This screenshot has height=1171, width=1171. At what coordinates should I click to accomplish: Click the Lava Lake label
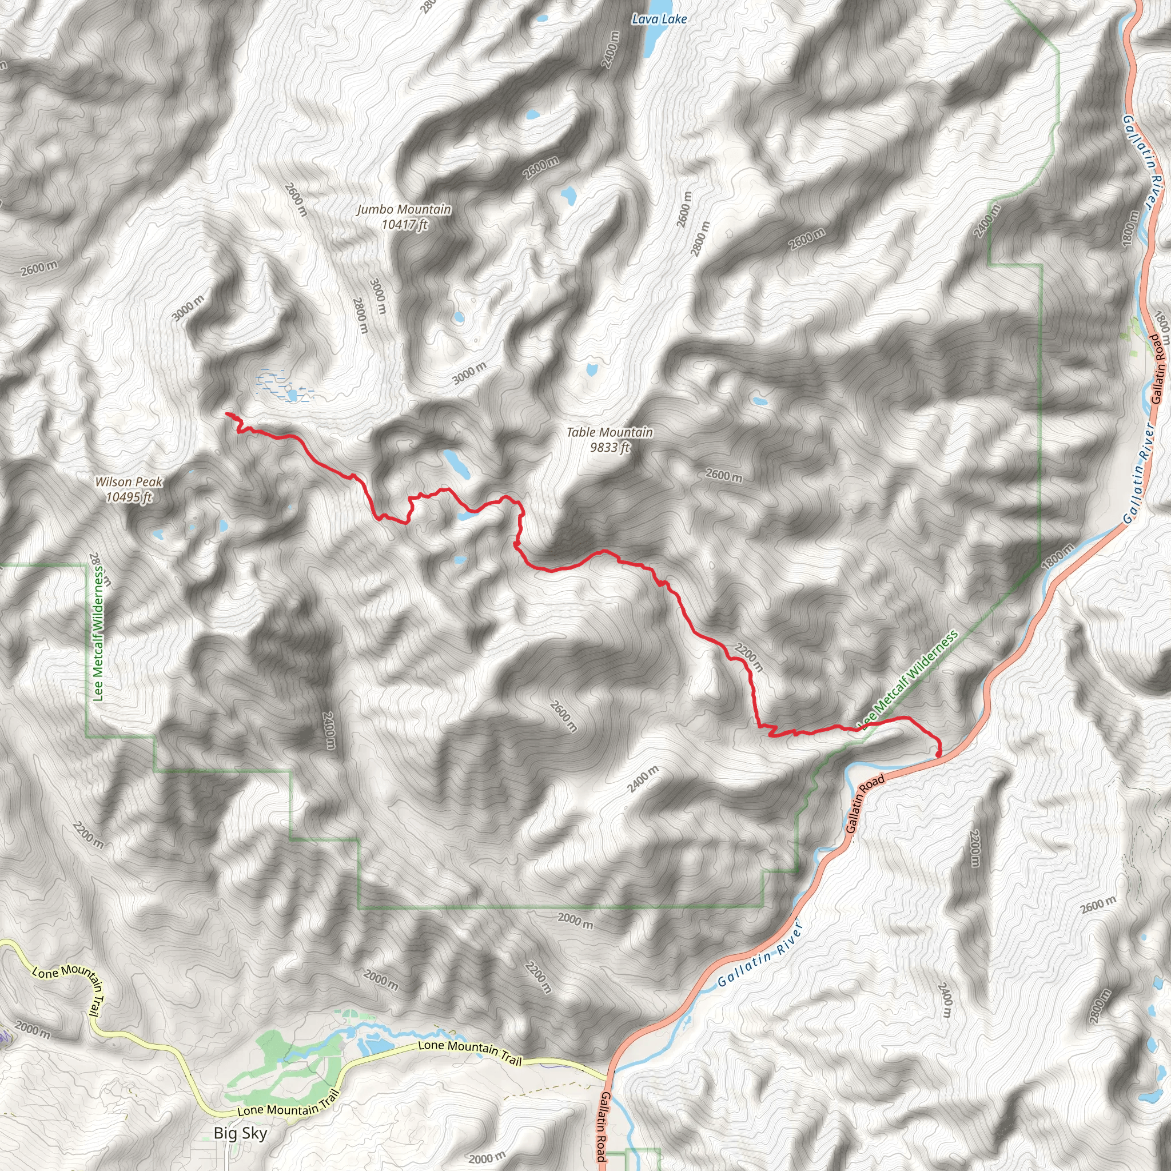(x=659, y=19)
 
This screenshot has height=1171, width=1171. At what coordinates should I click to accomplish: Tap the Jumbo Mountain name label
(x=404, y=210)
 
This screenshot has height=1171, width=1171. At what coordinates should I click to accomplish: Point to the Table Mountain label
(x=610, y=432)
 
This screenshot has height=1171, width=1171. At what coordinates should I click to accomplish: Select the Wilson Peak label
(x=129, y=482)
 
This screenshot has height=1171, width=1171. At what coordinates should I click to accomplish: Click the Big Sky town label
(x=240, y=1133)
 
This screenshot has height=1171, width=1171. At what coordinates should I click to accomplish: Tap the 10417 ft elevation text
(x=404, y=225)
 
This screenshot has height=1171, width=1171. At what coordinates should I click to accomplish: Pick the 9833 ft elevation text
(x=610, y=447)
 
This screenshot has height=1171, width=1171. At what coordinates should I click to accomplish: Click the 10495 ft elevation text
(x=129, y=497)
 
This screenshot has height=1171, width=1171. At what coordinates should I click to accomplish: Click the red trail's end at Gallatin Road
(x=938, y=754)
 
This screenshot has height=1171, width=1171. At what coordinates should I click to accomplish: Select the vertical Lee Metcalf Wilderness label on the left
(x=98, y=634)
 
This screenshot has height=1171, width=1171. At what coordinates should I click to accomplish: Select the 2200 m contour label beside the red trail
(x=749, y=658)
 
